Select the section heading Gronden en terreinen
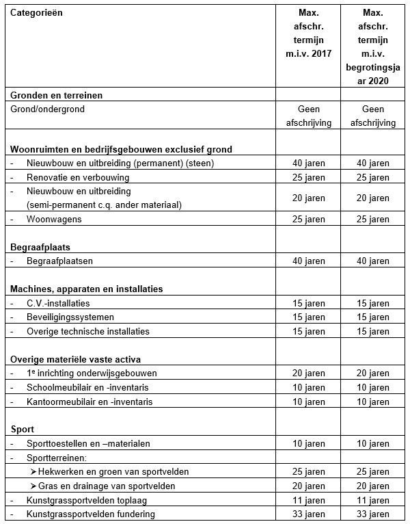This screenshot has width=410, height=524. click(56, 95)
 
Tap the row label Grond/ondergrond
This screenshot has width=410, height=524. click(47, 109)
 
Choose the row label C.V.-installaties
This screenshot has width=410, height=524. click(58, 303)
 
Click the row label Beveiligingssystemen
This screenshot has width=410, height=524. click(70, 317)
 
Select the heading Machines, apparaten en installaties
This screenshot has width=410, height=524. click(86, 289)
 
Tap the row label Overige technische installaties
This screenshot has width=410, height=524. click(88, 331)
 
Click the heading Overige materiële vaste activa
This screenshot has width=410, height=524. click(76, 359)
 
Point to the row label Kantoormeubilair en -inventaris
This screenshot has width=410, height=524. click(90, 401)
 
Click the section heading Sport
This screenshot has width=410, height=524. click(23, 429)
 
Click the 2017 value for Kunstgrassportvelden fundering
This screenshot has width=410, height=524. click(306, 514)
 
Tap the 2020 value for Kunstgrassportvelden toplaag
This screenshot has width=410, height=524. click(372, 500)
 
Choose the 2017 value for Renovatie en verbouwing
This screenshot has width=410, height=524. click(306, 177)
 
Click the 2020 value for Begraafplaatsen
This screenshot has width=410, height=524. click(372, 261)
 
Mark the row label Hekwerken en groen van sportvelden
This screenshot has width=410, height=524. click(113, 472)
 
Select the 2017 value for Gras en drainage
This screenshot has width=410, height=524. click(306, 486)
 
